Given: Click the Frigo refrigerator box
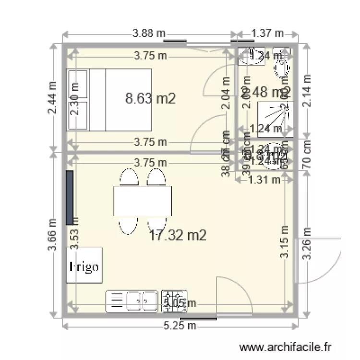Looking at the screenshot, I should (x=84, y=265).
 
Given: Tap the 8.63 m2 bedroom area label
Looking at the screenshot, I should (x=150, y=99).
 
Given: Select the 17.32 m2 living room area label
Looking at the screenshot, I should (x=178, y=235).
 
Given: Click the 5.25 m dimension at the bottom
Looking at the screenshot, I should (x=180, y=326).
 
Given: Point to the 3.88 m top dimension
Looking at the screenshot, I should (x=149, y=34).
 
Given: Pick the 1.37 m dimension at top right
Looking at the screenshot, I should (x=267, y=34).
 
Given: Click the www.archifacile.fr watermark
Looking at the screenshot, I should (x=286, y=347).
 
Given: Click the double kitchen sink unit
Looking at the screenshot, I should (x=132, y=301).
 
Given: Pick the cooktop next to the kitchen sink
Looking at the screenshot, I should (x=174, y=301).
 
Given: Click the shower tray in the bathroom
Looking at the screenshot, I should (x=274, y=117).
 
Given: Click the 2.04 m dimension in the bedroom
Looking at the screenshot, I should (x=225, y=94).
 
